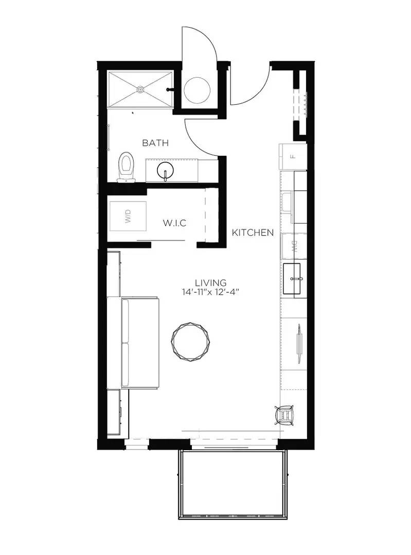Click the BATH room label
[x=155, y=143]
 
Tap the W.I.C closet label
[x=174, y=223]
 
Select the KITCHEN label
[x=253, y=232]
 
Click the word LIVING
[x=210, y=282]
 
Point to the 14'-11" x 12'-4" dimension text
[x=210, y=292]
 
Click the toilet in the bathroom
[x=126, y=166]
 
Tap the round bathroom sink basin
[x=165, y=170]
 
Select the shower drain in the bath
[x=140, y=89]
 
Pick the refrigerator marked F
[x=293, y=156]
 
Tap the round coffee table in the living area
[x=191, y=340]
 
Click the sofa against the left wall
[x=139, y=343]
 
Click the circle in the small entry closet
[x=197, y=90]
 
